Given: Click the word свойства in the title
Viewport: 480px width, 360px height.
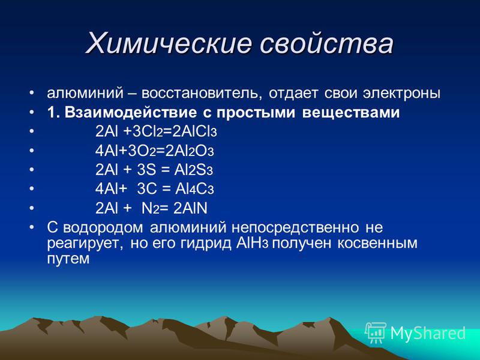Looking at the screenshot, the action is point(326,43).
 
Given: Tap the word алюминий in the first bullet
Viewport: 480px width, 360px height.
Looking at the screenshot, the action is point(85,93).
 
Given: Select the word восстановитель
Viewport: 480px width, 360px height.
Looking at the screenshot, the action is point(202,93).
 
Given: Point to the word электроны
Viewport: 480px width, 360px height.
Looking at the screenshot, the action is point(401,93).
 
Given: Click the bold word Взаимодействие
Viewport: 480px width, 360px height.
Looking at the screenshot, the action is point(130,112).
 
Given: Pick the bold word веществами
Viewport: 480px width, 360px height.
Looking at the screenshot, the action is point(351,112).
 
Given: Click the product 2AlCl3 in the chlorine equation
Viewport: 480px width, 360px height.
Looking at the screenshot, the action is point(194,131).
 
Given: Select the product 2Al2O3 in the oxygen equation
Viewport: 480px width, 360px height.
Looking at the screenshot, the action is point(190,151).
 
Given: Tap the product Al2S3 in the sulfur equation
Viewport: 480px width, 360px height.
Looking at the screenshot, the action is point(193,170).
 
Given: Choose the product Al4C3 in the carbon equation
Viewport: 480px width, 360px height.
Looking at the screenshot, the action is point(194,189).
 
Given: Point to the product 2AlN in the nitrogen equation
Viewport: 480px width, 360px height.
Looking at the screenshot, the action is point(190,208).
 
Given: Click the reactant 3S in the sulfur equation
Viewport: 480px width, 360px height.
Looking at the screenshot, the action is point(146,170).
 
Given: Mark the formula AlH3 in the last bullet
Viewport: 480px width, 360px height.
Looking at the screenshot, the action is point(252,244).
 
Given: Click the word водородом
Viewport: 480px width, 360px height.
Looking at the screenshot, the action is point(103,228).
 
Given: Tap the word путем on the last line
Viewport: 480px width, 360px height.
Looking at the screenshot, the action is point(68,259).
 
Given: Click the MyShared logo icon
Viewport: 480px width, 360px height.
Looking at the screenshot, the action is point(376,333).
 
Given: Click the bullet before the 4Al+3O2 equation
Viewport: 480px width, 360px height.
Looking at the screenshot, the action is point(32,151).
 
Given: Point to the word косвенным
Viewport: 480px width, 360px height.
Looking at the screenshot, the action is point(377,244).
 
